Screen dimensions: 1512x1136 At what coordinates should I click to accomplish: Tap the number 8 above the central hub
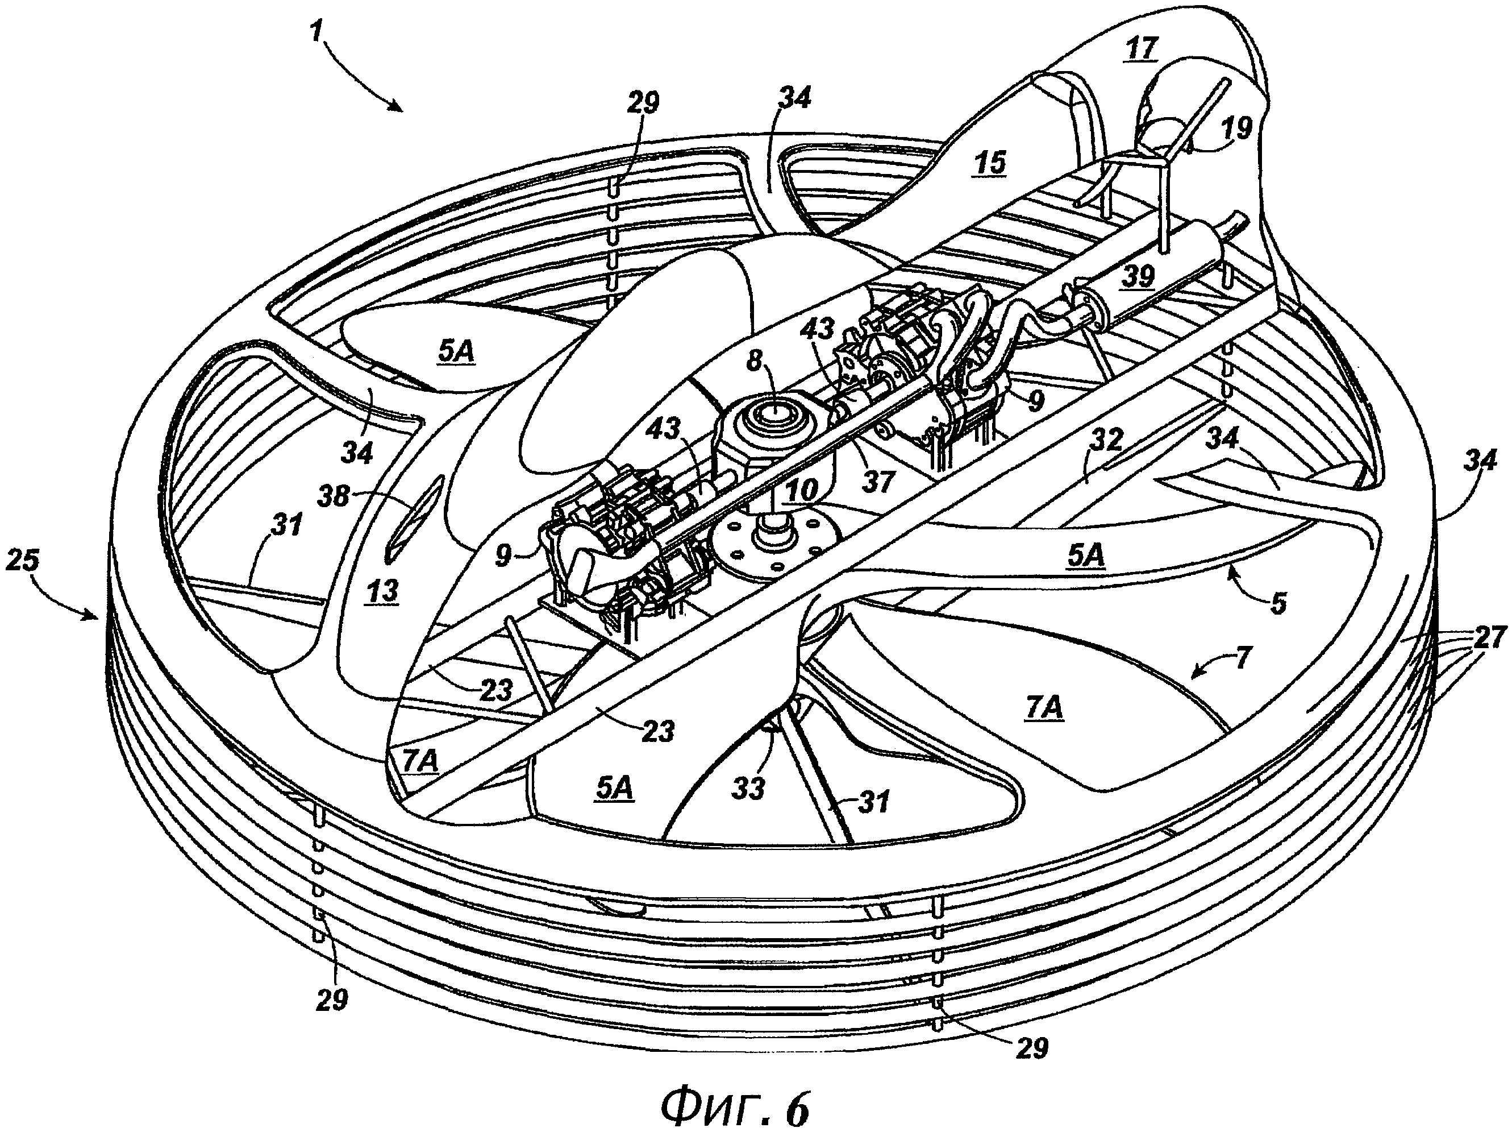tap(754, 360)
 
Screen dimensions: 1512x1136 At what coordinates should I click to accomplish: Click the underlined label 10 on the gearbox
tap(801, 490)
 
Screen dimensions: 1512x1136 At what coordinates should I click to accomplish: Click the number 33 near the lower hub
tap(748, 789)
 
